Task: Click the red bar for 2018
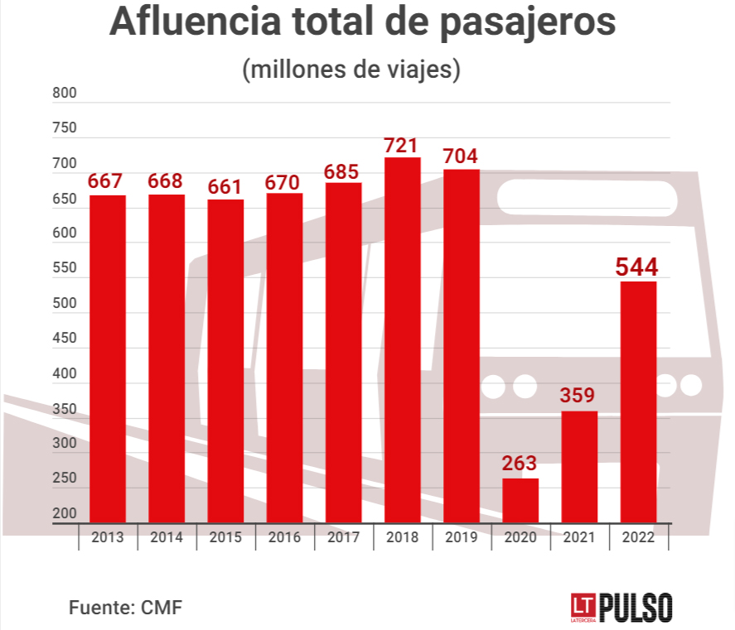[402, 339]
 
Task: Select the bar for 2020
[520, 500]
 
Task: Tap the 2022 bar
[638, 402]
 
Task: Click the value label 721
[402, 146]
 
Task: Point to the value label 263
[520, 464]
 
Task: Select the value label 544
[637, 267]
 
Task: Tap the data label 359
[578, 396]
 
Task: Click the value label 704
[461, 156]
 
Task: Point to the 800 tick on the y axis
[64, 94]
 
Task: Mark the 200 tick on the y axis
[64, 513]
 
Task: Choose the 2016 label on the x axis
[284, 537]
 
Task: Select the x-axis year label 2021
[578, 537]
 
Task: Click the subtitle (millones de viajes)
[351, 69]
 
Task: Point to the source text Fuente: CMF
[125, 607]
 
